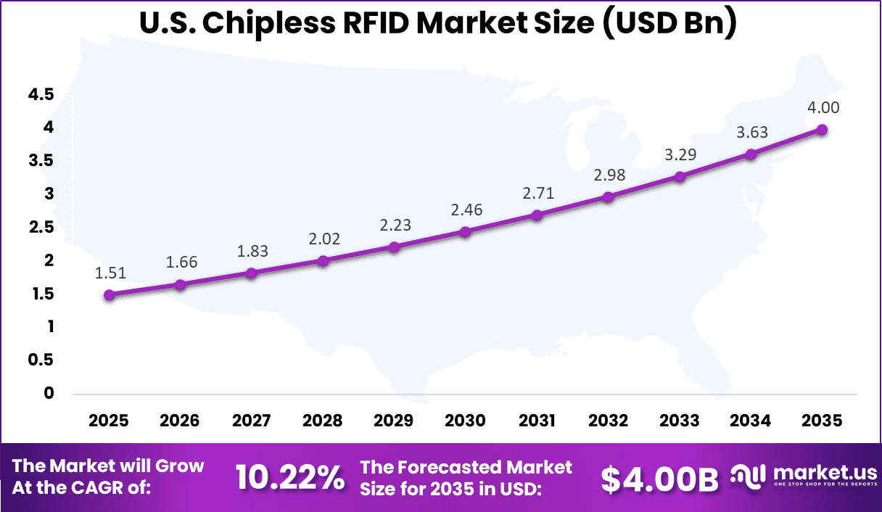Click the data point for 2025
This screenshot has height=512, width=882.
109,294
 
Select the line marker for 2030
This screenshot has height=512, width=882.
465,232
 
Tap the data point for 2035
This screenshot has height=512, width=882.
822,129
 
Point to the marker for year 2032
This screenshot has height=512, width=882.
608,197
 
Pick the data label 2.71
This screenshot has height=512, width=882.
537,194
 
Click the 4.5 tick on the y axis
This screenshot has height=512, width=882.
41,94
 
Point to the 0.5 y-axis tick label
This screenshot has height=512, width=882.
41,360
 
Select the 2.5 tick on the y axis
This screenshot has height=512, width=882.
41,228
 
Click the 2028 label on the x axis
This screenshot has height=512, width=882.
323,421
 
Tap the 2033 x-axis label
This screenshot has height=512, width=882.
680,421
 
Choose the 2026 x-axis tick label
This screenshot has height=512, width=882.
180,421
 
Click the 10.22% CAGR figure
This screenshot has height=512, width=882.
289,478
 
